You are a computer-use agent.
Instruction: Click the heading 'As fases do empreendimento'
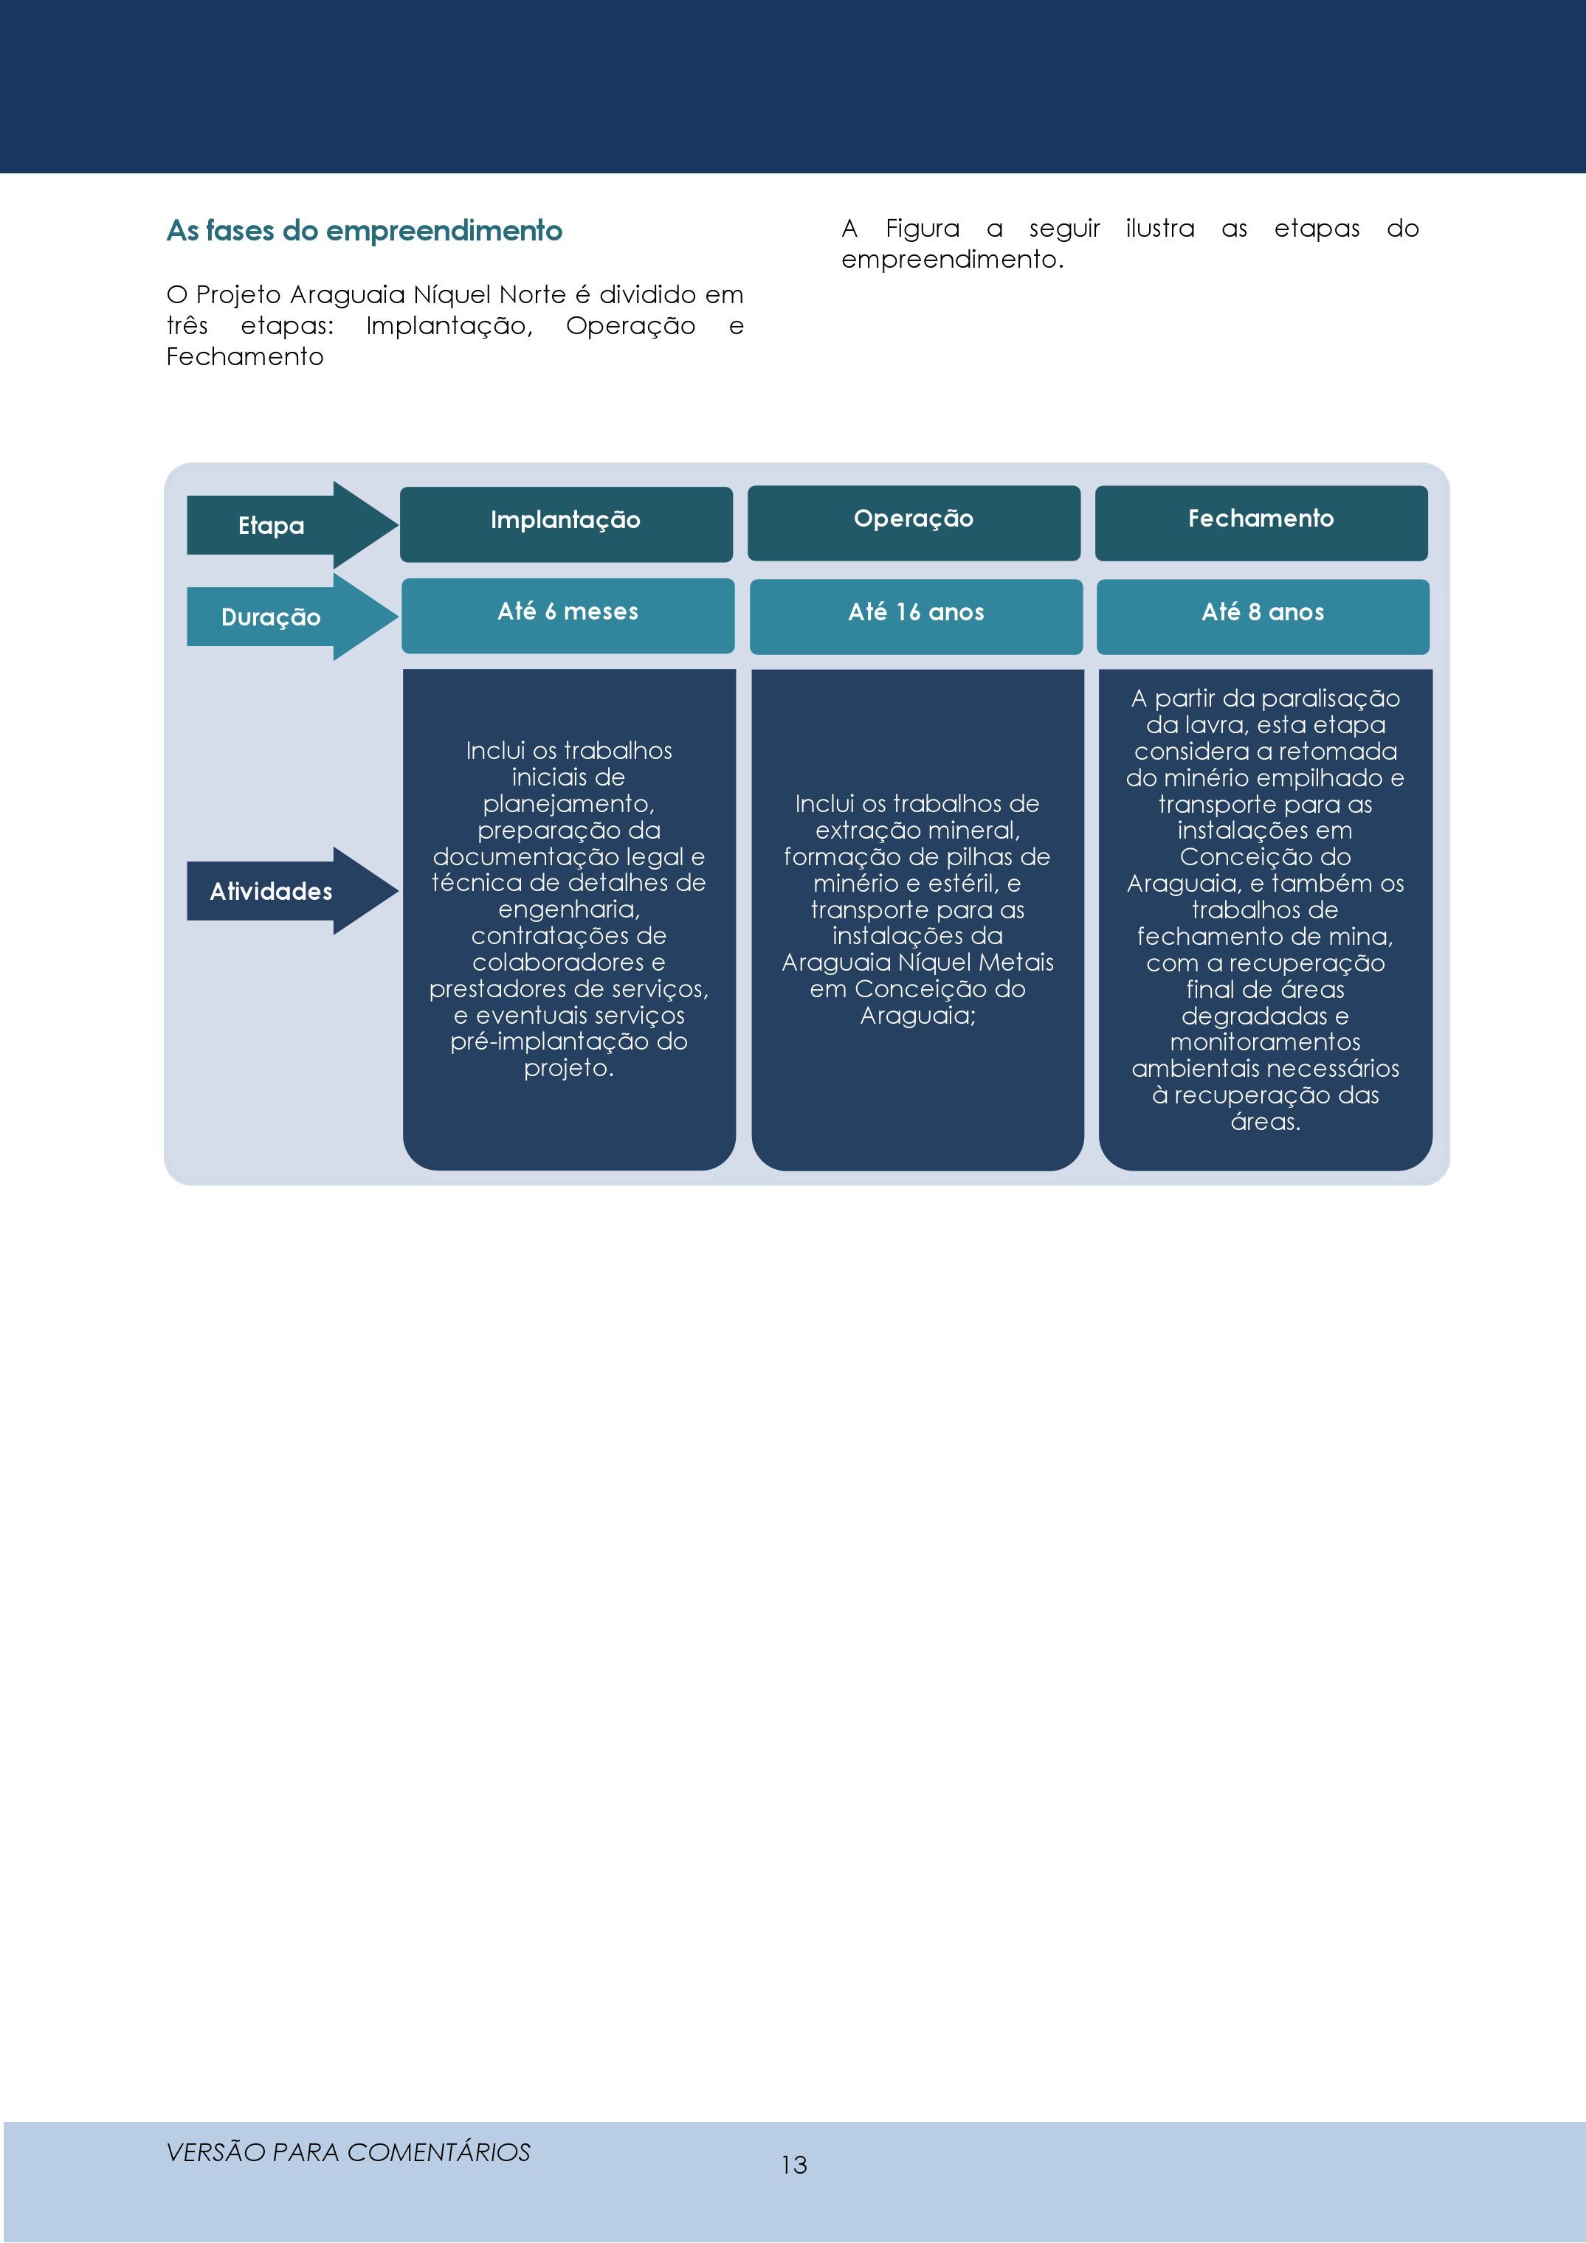pyautogui.click(x=365, y=231)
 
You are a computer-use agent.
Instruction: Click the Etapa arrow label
pyautogui.click(x=272, y=526)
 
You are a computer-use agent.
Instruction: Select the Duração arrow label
pyautogui.click(x=271, y=617)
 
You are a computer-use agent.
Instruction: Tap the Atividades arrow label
pyautogui.click(x=271, y=891)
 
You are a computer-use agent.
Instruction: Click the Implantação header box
pyautogui.click(x=566, y=524)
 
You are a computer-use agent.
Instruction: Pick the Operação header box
pyautogui.click(x=914, y=523)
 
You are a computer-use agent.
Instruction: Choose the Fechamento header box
pyautogui.click(x=1261, y=523)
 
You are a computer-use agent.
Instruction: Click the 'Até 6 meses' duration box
pyautogui.click(x=568, y=615)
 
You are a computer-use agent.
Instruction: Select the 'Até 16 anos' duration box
pyautogui.click(x=916, y=617)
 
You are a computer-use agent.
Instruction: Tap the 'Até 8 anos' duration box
pyautogui.click(x=1263, y=617)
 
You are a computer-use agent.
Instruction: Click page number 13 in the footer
pyautogui.click(x=793, y=2165)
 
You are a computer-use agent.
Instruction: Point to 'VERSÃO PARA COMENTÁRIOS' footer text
pyautogui.click(x=348, y=2152)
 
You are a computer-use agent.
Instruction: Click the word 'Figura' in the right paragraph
pyautogui.click(x=923, y=229)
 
